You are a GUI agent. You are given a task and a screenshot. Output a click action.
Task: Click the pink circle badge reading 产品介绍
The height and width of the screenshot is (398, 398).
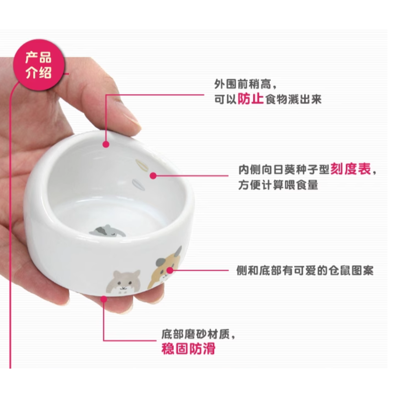[x=39, y=64]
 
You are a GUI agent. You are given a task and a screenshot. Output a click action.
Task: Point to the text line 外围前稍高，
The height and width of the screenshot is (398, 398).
[x=246, y=83]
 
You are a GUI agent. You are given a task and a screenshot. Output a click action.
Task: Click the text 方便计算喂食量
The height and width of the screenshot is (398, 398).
[x=278, y=185]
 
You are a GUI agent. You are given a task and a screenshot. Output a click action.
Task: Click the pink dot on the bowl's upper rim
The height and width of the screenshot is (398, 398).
[x=106, y=144]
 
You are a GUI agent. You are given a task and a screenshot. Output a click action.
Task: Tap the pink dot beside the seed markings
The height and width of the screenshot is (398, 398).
[x=153, y=176]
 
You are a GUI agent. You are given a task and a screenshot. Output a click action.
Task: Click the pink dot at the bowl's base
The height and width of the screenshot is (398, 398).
[x=104, y=299]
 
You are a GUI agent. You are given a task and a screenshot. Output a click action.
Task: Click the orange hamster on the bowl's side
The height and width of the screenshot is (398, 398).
[x=164, y=265]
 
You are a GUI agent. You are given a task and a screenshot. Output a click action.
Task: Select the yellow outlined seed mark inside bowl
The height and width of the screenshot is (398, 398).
[x=141, y=165]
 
